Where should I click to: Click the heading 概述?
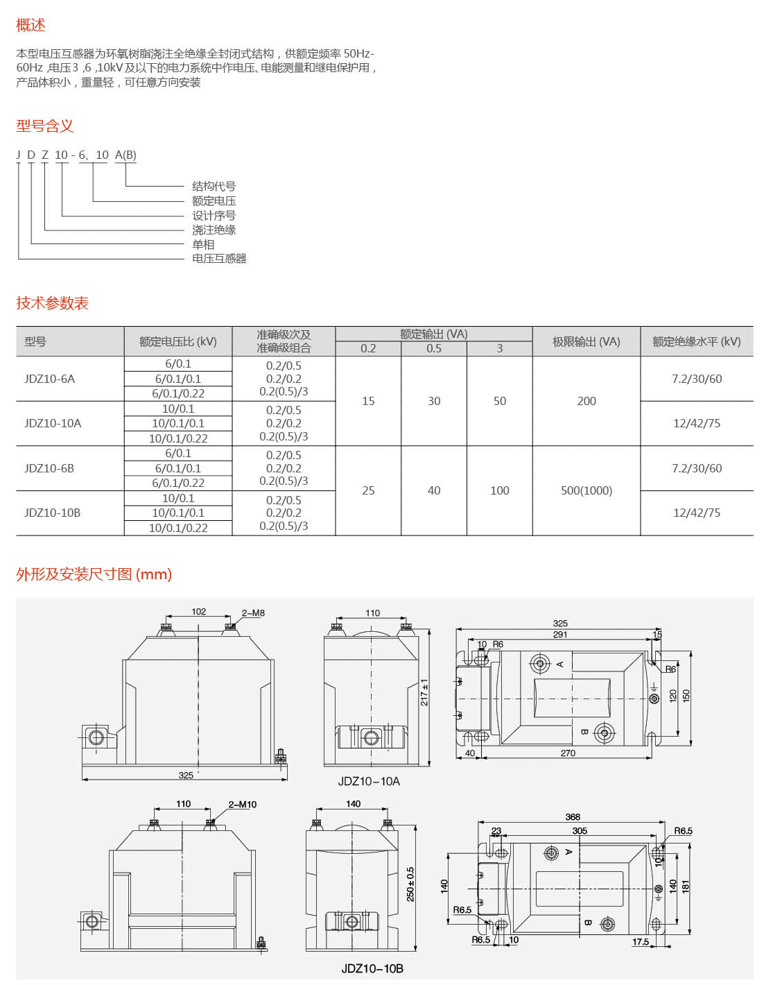click(31, 26)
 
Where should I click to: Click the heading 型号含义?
click(44, 126)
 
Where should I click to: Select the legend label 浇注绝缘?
click(214, 230)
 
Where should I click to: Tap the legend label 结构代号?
click(214, 186)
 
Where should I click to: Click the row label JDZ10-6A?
click(49, 379)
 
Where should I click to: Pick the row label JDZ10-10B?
click(52, 513)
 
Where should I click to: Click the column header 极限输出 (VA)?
click(586, 341)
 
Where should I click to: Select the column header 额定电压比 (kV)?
click(177, 341)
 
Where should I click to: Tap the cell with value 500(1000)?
click(586, 490)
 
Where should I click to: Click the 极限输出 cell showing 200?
click(586, 401)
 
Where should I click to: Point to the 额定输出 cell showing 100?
click(499, 490)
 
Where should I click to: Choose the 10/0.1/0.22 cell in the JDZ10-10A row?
click(178, 438)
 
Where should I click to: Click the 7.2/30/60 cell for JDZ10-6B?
click(696, 468)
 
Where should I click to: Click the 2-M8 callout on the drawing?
click(253, 613)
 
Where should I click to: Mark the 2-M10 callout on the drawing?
click(243, 805)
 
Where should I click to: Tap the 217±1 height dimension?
click(424, 692)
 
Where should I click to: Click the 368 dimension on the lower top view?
click(573, 817)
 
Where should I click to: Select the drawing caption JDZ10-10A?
click(369, 781)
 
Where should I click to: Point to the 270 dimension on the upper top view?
click(568, 753)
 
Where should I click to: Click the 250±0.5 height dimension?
click(410, 884)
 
